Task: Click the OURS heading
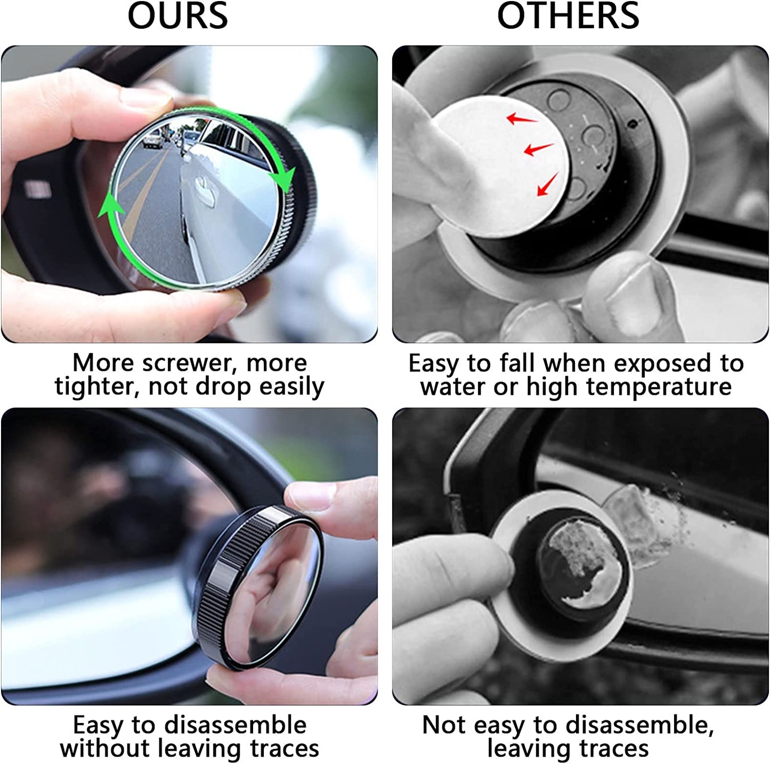pyautogui.click(x=177, y=16)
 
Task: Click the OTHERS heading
pyautogui.click(x=568, y=16)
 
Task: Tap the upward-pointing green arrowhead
pyautogui.click(x=111, y=205)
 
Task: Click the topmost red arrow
pyautogui.click(x=521, y=118)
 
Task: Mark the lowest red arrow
pyautogui.click(x=547, y=184)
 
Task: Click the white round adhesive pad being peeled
pyautogui.click(x=501, y=165)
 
